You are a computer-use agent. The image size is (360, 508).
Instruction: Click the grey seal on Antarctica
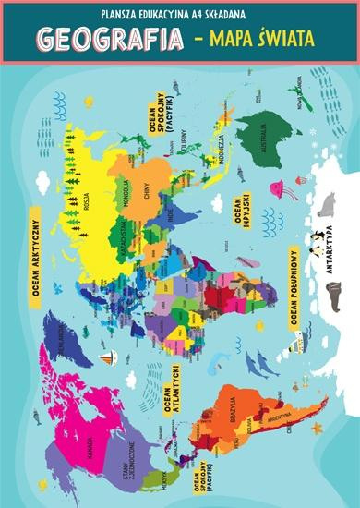326,202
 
